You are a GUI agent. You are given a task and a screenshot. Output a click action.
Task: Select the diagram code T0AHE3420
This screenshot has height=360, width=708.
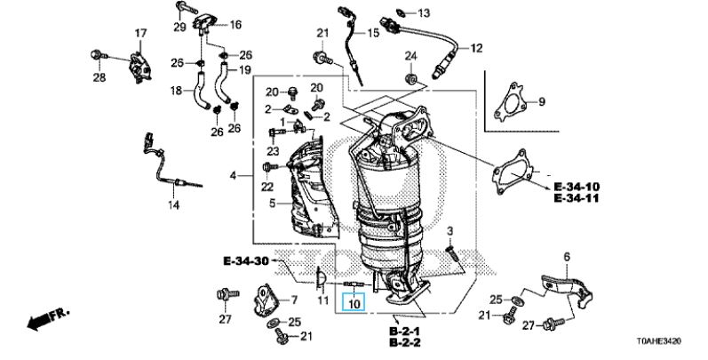pos(660,341)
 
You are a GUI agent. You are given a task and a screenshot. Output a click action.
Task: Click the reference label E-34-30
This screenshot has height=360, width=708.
pos(246,261)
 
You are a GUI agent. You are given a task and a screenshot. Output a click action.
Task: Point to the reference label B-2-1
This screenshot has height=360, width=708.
pos(404,332)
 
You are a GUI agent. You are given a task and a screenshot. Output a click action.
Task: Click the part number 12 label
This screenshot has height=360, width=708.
pos(476,48)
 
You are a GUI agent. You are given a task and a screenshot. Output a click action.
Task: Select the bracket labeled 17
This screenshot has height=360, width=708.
pos(140,68)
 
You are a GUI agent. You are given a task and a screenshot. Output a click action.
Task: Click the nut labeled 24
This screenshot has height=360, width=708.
pos(410,78)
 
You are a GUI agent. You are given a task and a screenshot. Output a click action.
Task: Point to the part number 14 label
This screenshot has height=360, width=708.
pos(174,205)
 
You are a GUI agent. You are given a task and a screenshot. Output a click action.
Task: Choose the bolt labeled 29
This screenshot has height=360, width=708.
pos(185,7)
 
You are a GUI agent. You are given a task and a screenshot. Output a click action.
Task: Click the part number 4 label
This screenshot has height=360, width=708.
pos(233,175)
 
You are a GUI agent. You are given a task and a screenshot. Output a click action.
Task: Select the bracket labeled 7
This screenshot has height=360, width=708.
pos(265,299)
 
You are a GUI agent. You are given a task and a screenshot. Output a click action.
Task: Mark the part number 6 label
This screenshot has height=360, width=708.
pos(567,258)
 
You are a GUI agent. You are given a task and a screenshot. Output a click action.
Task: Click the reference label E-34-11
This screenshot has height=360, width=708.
pos(576,198)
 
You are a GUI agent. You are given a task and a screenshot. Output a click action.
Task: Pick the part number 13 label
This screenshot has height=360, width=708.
pos(424,13)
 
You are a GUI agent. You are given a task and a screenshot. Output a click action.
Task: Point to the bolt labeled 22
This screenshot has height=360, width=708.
pos(270,167)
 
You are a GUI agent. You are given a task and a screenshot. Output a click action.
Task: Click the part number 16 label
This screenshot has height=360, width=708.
pos(235,25)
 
